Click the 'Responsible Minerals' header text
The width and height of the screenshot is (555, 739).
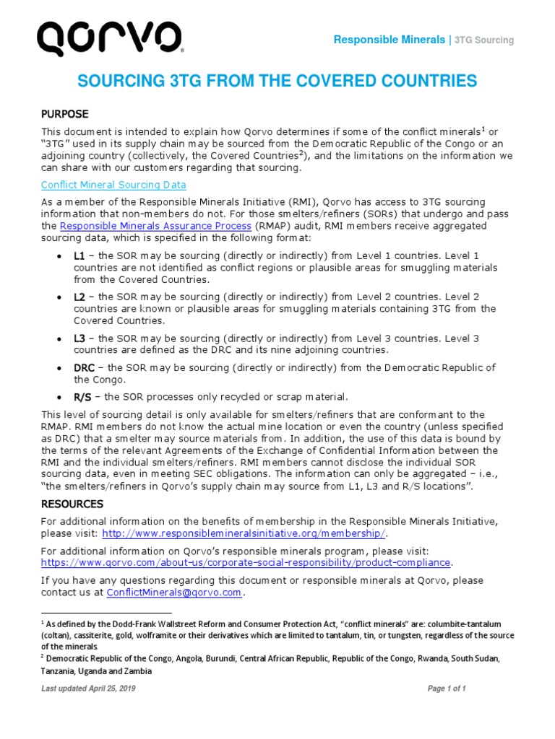(389, 40)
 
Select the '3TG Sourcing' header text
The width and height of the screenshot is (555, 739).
(484, 40)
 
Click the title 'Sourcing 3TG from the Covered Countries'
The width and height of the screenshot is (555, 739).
(277, 80)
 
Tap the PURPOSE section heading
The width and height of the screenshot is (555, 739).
(64, 114)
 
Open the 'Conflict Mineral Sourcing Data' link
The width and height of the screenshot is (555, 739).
(113, 185)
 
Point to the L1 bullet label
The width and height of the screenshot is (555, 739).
(79, 256)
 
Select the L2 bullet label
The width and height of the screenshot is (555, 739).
(79, 297)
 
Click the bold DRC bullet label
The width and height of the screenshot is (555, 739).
(84, 367)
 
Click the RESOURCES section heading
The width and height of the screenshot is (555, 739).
(72, 504)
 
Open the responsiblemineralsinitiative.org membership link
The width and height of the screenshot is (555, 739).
(244, 533)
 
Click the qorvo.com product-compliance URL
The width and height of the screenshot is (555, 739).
(246, 562)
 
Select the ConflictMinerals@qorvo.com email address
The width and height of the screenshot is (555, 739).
(173, 592)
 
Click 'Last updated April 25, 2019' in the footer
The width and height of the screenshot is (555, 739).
(89, 688)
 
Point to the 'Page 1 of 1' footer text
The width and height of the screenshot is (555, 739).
(447, 688)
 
